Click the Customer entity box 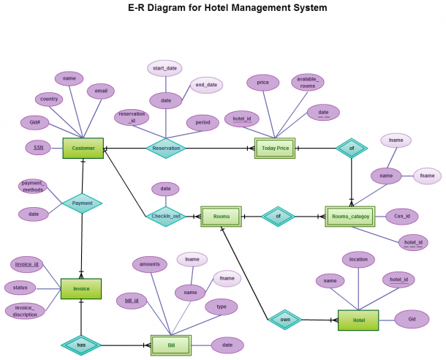(83, 149)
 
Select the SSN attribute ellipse (39, 148)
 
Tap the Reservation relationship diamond (166, 149)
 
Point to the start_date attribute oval (165, 68)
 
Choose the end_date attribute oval (206, 85)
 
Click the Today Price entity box (275, 149)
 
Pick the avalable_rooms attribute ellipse (308, 82)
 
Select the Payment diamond (82, 203)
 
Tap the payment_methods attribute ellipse (33, 187)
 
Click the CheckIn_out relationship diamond (166, 217)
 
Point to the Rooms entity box (221, 217)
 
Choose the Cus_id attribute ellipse (402, 217)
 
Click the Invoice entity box (81, 289)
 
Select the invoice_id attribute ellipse (27, 264)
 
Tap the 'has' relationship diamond (81, 345)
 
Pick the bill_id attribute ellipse (132, 301)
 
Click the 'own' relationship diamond (285, 320)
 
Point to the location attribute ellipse (358, 260)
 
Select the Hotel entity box (358, 320)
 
